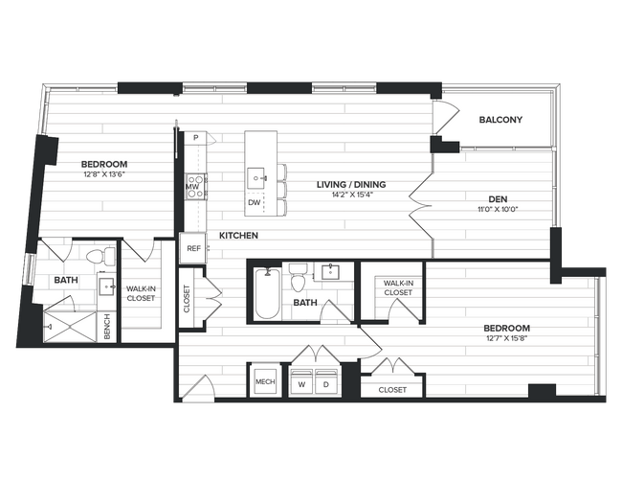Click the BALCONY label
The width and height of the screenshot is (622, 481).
pos(500,120)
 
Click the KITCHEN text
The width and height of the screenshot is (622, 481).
pos(238,236)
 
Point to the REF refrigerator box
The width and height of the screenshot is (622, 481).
pos(193,248)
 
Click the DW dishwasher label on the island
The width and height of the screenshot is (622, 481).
pos(254,203)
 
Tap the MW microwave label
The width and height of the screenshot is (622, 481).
pos(191,187)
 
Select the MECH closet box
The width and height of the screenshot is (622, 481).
pos(264,382)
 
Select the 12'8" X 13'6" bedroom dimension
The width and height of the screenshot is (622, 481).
pos(103,175)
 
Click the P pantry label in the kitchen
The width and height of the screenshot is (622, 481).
pos(196,138)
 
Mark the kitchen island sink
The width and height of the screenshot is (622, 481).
pos(256,176)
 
